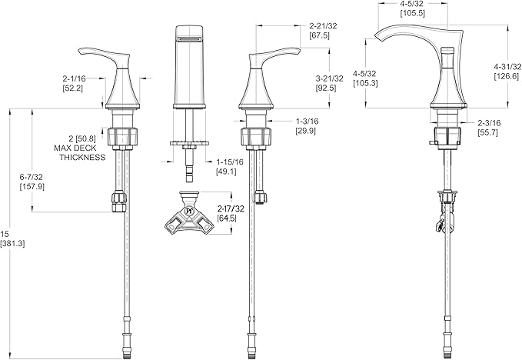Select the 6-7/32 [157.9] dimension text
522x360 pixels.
[32, 182]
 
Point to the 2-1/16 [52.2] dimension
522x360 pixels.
[74, 83]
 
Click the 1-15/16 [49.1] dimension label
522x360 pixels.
[230, 167]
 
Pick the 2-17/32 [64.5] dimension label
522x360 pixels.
[231, 214]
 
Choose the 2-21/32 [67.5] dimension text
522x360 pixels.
[323, 30]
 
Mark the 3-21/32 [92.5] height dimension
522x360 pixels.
[329, 83]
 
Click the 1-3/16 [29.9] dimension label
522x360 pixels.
[307, 126]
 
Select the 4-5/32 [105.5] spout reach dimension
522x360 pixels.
[413, 8]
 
